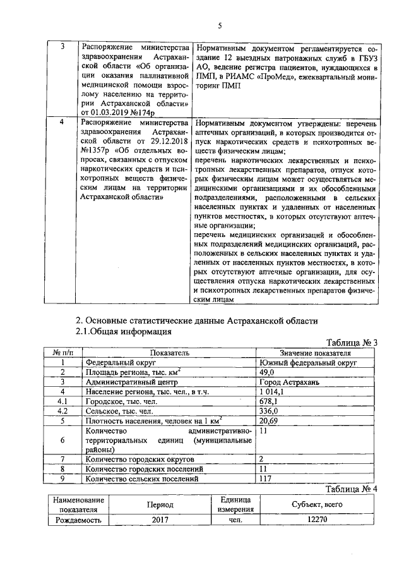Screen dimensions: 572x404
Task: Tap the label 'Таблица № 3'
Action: pos(352,343)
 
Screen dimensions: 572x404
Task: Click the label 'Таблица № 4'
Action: pos(351,489)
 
